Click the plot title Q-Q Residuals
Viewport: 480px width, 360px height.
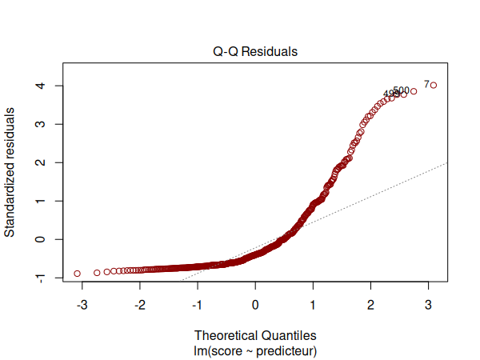pos(255,52)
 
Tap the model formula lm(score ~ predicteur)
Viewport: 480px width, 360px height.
pos(255,350)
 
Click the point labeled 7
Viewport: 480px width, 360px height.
pos(434,85)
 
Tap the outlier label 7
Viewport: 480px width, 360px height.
pos(426,83)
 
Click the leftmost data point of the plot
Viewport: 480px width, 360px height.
pos(78,274)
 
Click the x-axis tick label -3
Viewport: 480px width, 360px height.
pos(82,305)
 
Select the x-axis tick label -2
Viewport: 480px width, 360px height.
pos(139,305)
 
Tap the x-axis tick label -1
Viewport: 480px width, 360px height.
pos(197,305)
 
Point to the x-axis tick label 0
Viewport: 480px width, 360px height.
pos(255,305)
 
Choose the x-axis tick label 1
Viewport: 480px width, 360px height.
pos(313,305)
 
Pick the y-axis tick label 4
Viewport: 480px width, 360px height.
pos(38,86)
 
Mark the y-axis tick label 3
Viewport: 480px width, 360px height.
pos(38,124)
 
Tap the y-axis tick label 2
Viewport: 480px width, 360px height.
pos(38,162)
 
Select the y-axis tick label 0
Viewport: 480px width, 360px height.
pos(38,239)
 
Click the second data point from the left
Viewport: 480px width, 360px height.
pos(98,273)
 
